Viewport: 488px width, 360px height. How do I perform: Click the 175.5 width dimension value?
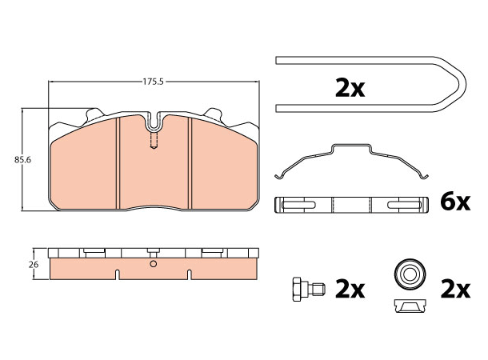point(153,81)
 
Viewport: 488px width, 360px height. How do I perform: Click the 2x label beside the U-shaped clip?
point(349,88)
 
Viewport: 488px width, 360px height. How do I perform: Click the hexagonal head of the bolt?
point(298,288)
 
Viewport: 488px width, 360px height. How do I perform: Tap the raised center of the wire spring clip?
point(351,149)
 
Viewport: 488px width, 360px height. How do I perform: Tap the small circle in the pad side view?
point(153,264)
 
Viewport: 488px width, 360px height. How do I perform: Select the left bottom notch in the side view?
point(118,275)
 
